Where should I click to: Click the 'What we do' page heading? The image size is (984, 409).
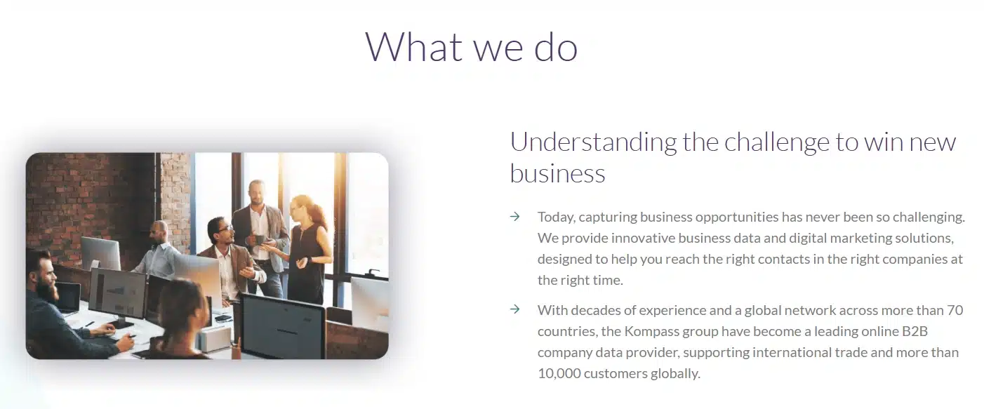point(472,47)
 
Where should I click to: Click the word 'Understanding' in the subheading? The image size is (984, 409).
point(593,142)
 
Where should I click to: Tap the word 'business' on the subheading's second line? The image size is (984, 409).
point(557,173)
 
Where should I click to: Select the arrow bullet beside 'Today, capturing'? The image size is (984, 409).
point(515,216)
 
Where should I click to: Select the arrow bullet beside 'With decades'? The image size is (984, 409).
point(515,309)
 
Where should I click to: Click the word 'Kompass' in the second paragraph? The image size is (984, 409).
point(652,331)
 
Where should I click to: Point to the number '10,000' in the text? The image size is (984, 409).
point(559,374)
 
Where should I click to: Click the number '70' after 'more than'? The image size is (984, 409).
point(955,310)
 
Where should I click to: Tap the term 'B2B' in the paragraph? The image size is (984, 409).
point(915,331)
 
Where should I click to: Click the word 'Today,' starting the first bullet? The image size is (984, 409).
point(557,217)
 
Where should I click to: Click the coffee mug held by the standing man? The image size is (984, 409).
point(260,240)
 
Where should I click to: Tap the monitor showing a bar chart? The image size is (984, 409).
point(117,293)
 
